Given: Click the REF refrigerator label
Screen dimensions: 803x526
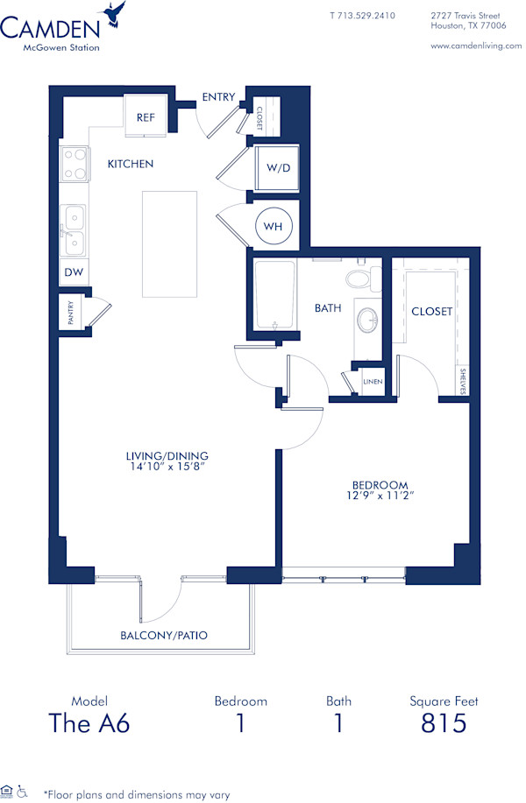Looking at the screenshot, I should coord(146,117).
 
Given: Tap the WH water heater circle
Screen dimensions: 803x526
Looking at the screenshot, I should coord(274,227).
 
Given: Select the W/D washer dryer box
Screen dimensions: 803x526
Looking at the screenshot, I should coord(276,168).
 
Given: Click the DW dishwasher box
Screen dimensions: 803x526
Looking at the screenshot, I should coord(74,272).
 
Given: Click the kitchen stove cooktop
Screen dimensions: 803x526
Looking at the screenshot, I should coord(75,164).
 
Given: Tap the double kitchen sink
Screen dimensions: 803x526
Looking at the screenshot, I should coord(74,229).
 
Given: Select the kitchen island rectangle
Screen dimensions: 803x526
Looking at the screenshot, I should coord(170,245).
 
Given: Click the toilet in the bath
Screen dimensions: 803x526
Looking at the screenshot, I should coord(359,278).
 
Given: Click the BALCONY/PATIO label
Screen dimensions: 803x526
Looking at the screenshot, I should coord(164,635).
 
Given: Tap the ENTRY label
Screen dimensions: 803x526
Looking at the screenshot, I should coord(218,97).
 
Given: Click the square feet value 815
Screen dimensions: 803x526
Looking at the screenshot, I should coord(444,723).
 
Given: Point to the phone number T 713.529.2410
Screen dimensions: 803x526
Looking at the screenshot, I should coord(362,16).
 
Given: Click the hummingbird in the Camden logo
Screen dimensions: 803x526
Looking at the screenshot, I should coord(113,13).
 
